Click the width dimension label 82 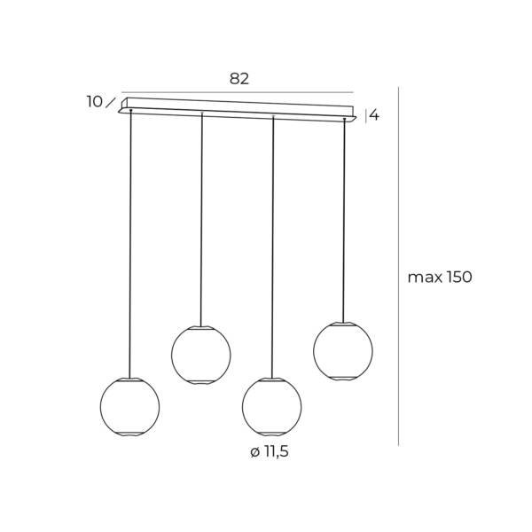[239, 79]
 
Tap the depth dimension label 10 [95, 102]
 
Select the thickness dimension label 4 [374, 115]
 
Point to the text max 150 [440, 278]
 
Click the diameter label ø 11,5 [270, 452]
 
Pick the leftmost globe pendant [129, 406]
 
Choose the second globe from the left [201, 355]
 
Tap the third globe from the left [272, 406]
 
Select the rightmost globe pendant [343, 351]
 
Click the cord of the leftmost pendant [130, 243]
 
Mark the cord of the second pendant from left [201, 220]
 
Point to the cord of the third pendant [273, 247]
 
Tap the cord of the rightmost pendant [344, 221]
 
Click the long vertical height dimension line [398, 266]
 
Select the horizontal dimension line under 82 [238, 92]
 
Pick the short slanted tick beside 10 [111, 102]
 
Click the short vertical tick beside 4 [365, 115]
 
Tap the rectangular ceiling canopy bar [238, 110]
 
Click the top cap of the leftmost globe [129, 379]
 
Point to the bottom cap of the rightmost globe [343, 379]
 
